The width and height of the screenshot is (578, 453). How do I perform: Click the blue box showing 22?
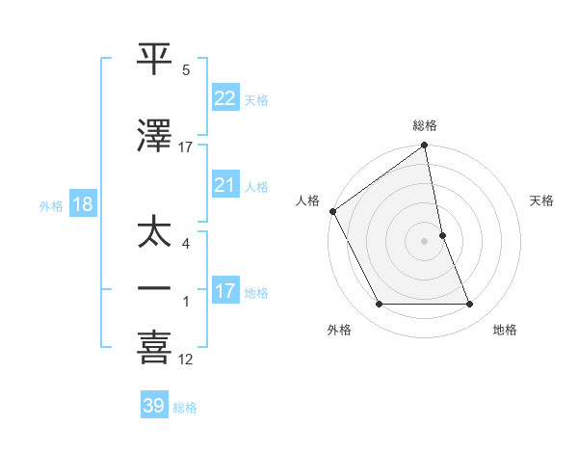(224, 98)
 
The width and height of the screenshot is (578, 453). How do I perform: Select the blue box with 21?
(224, 186)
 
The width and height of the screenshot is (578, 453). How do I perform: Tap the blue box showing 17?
(224, 291)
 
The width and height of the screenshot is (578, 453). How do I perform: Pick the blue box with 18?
(82, 205)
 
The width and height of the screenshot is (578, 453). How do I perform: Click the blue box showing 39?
(154, 407)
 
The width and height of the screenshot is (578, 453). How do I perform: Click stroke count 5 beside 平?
(186, 70)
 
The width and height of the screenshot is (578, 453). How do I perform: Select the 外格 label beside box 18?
(51, 206)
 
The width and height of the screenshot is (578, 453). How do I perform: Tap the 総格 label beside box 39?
(186, 408)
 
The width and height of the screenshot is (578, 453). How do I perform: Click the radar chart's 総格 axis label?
(425, 125)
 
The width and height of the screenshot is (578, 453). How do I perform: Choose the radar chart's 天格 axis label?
(542, 200)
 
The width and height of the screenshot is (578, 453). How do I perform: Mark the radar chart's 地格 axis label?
(505, 330)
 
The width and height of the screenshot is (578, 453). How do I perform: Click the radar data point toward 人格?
(332, 211)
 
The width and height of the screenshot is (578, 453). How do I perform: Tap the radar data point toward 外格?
(379, 305)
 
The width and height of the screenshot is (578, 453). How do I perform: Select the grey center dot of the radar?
(425, 241)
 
